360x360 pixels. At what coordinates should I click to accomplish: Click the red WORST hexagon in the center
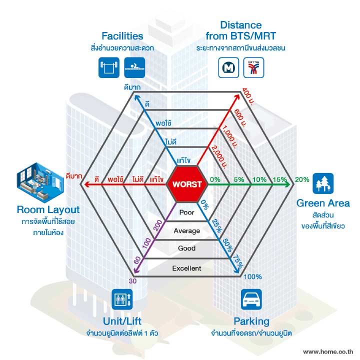point(187,184)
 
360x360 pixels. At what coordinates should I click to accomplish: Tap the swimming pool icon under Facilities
point(134,67)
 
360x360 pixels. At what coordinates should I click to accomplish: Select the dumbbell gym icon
point(109,67)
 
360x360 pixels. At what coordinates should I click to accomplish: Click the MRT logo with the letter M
point(228,67)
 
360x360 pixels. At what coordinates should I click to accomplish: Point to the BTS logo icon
point(253,67)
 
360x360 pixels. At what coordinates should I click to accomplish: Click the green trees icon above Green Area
point(323,183)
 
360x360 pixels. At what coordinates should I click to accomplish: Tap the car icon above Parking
point(251,299)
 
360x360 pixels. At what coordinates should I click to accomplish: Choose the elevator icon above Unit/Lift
point(122,299)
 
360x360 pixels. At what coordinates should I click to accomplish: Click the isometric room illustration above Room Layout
point(40,183)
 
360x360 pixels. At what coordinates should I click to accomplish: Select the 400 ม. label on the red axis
point(247,97)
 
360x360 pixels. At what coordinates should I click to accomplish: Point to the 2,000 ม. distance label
point(219,157)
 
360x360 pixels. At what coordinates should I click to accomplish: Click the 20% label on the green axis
point(302,179)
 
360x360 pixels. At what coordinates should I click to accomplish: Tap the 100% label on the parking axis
point(252,276)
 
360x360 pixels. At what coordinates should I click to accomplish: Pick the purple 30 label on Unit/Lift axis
point(132,281)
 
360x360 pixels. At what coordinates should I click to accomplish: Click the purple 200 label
point(157,225)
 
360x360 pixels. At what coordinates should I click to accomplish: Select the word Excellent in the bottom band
point(186,268)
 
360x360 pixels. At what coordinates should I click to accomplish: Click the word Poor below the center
point(186,212)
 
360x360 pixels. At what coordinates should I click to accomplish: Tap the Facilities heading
point(122,36)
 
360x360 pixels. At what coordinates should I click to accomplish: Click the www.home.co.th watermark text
point(328,351)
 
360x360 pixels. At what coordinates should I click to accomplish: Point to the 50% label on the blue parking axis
point(227,245)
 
